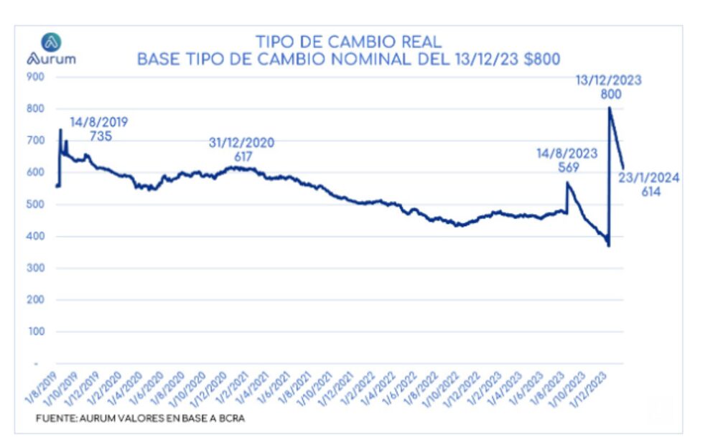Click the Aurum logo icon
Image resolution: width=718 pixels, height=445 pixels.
tap(51, 42)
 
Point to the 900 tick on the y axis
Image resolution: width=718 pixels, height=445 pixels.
tap(36, 77)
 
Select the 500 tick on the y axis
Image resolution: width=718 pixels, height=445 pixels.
tap(36, 205)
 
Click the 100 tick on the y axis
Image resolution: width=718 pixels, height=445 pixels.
tap(36, 332)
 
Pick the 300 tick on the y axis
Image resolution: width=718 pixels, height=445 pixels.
tap(36, 268)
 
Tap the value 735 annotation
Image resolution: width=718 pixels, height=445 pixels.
tap(101, 136)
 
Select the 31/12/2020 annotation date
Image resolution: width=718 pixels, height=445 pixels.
tap(241, 143)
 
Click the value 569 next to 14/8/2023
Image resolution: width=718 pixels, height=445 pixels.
tap(567, 167)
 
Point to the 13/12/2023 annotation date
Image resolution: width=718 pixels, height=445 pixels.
tap(608, 80)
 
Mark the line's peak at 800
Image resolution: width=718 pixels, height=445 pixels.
tap(610, 108)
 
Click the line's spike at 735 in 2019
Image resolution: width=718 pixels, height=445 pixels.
tap(60, 130)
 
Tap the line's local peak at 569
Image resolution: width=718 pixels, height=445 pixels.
tap(567, 183)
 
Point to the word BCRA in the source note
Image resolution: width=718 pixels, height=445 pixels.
tap(229, 418)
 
